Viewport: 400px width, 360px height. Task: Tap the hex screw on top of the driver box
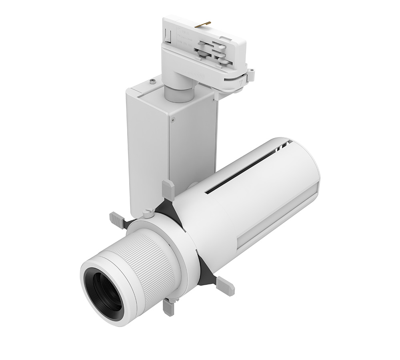(x=153, y=82)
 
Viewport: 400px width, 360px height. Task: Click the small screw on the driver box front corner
(x=172, y=118)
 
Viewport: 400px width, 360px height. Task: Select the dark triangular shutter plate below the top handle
(x=164, y=206)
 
